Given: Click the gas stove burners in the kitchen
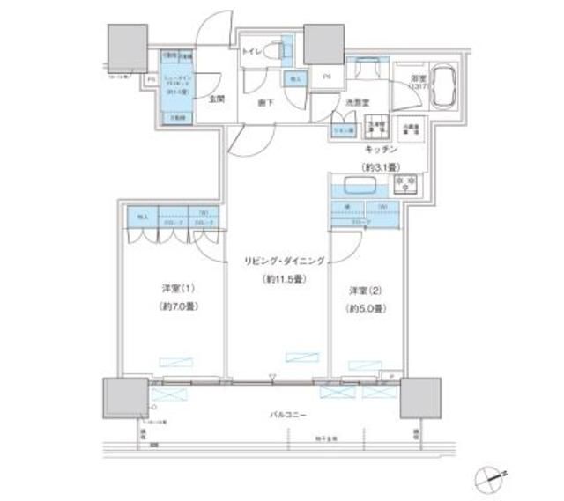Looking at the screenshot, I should tap(408, 185).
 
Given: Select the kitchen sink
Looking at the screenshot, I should tap(360, 188).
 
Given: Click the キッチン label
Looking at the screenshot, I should tap(380, 151).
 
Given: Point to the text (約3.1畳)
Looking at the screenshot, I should tap(380, 166).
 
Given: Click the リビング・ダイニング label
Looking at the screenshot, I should tap(286, 262).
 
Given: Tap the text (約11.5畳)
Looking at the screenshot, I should tap(284, 280).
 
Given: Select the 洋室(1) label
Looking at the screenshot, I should tap(176, 288).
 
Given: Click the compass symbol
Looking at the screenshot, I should tap(486, 480).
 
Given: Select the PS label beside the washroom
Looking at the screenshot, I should tap(326, 76).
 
